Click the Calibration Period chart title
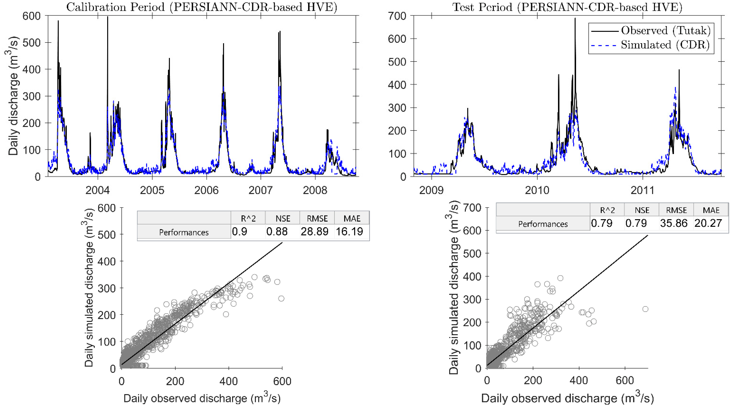pos(201,7)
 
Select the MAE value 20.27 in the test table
pos(708,223)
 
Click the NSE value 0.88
pos(277,231)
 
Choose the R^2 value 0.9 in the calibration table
pos(240,231)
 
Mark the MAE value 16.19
pos(349,231)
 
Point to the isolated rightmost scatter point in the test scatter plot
pos(645,309)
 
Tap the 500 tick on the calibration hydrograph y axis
pos(31,43)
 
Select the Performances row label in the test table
pos(543,224)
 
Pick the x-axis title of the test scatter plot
pos(567,398)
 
